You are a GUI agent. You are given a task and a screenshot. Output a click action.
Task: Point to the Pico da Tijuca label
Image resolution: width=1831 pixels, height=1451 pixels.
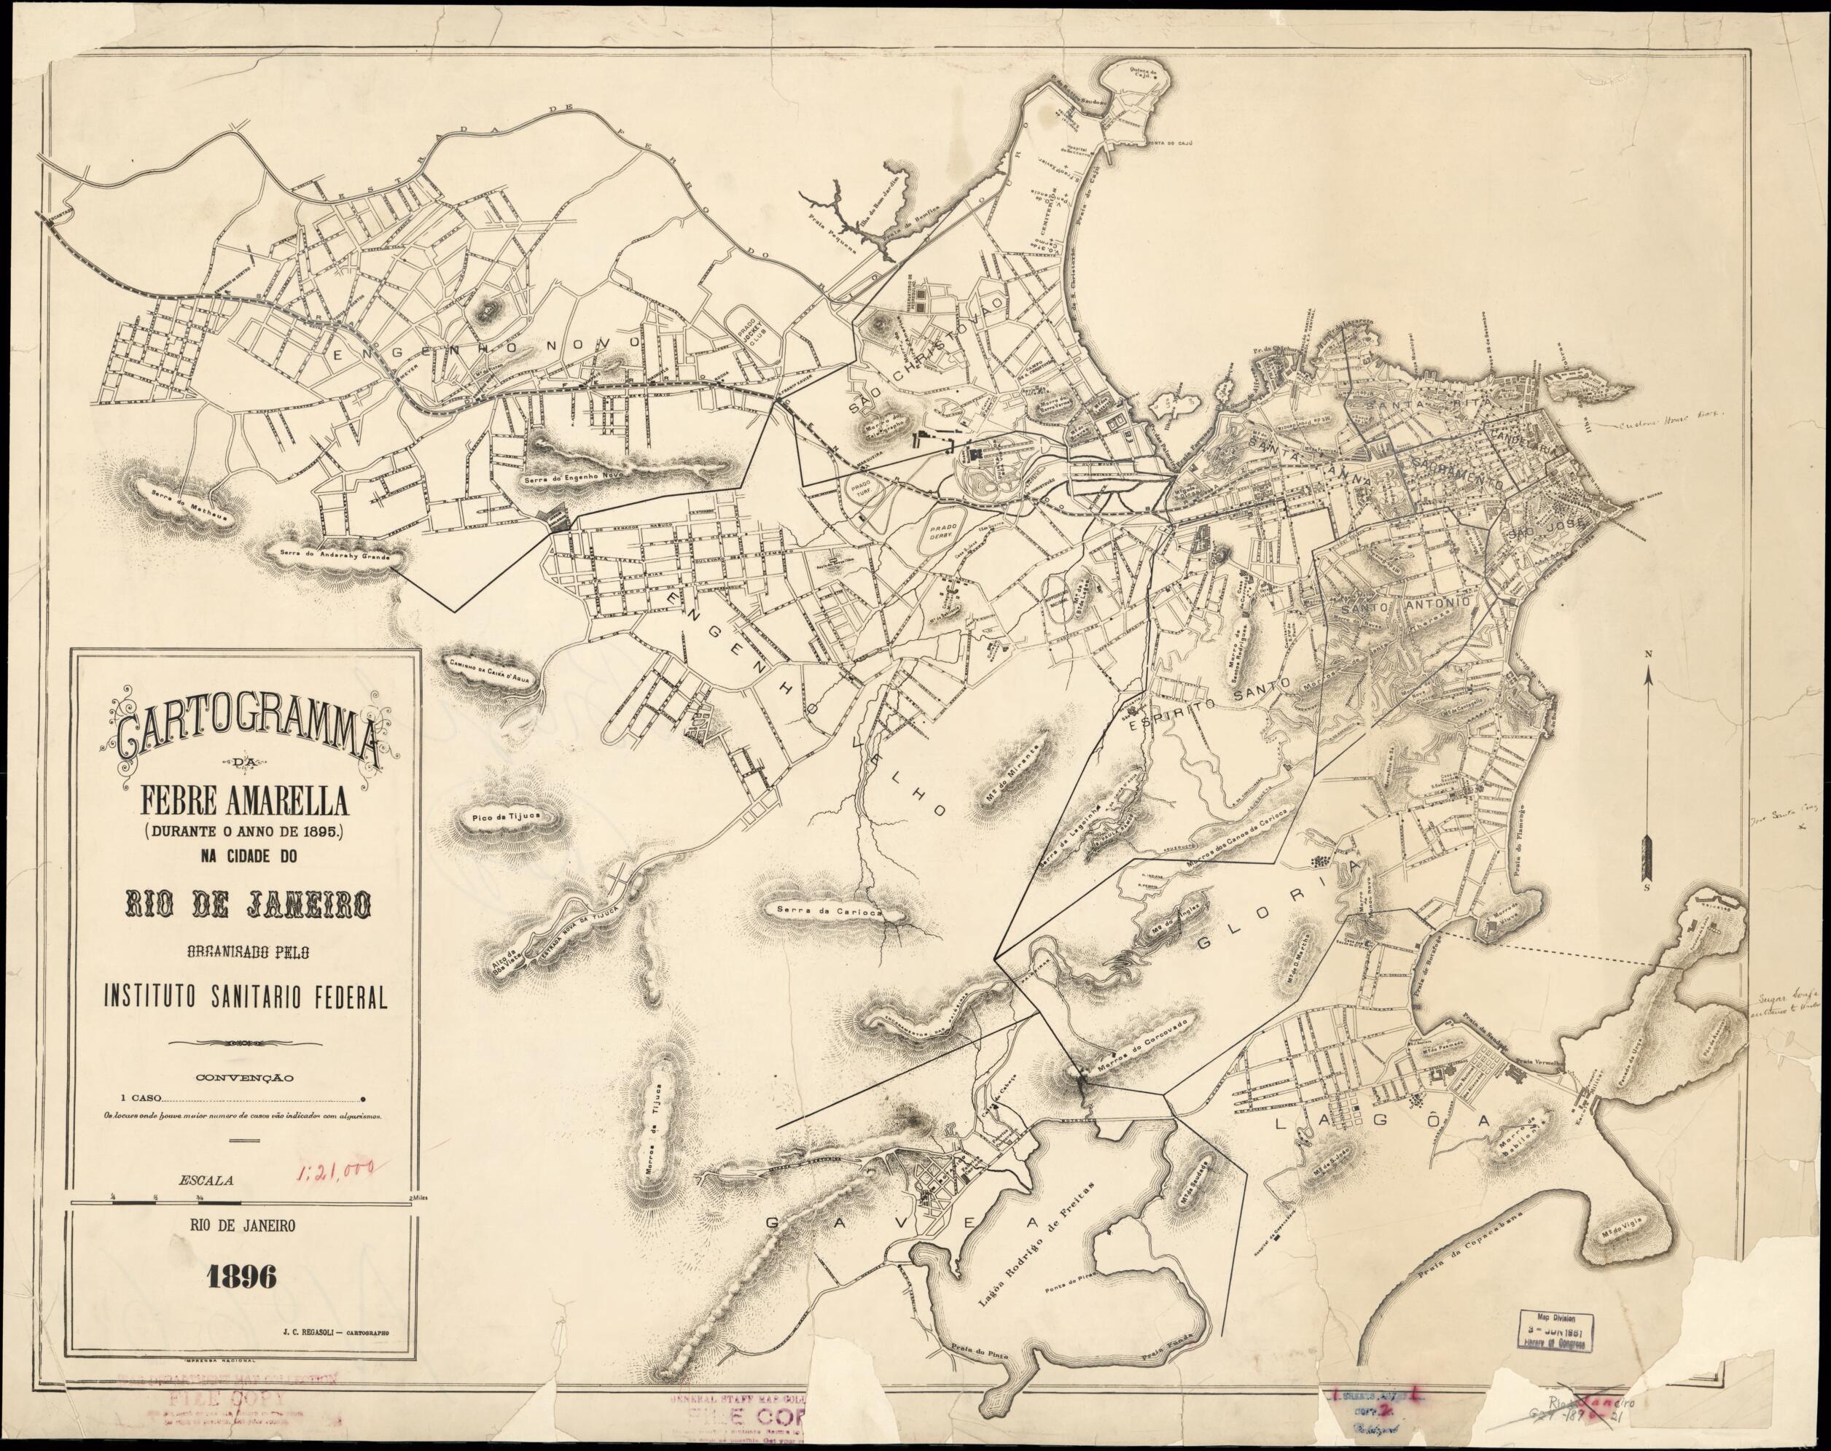click(505, 817)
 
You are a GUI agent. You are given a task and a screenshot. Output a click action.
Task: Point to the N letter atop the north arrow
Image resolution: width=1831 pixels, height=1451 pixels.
click(1647, 653)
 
